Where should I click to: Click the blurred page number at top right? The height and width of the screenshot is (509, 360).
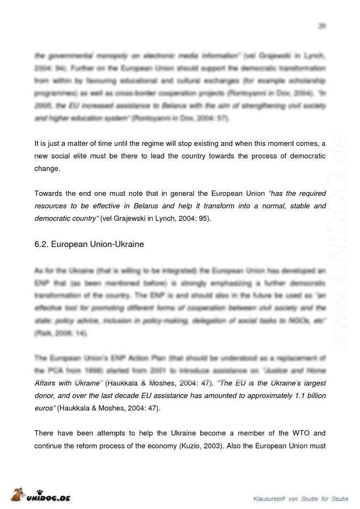[322, 26]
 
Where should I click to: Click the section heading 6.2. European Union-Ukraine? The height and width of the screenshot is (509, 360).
[89, 244]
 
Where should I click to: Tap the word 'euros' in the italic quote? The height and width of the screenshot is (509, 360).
[45, 408]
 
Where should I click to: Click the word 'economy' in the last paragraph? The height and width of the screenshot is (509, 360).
[163, 446]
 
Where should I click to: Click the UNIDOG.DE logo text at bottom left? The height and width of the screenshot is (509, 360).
[48, 498]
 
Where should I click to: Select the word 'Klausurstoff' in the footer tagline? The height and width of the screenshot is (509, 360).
[269, 499]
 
